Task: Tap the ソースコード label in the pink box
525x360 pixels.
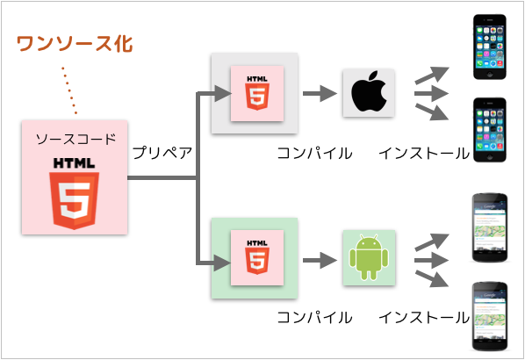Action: click(x=75, y=140)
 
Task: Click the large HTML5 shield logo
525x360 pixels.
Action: click(x=75, y=194)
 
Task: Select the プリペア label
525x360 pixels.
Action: click(x=162, y=152)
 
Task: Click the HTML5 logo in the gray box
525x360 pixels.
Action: click(x=256, y=93)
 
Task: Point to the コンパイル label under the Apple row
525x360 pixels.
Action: click(x=314, y=153)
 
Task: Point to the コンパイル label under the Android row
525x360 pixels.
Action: click(x=314, y=317)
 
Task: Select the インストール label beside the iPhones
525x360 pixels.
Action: click(x=424, y=153)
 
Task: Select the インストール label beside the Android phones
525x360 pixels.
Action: click(x=424, y=317)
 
